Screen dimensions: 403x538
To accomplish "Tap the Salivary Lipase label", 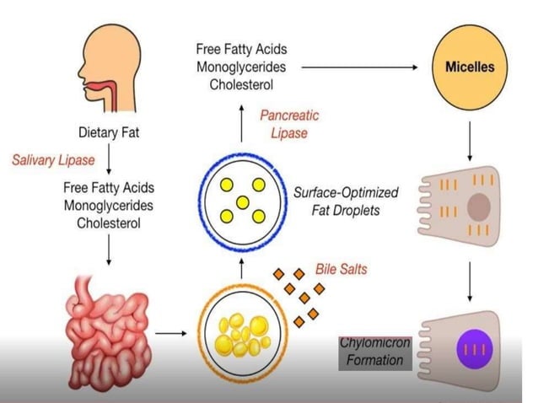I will (x=52, y=159).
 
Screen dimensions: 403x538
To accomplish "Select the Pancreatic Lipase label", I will (x=289, y=125).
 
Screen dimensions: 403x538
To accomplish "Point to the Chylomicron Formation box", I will (x=374, y=352).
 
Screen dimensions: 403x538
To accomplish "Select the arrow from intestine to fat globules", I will (x=171, y=332).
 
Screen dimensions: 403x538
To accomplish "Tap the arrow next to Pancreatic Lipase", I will (x=241, y=124).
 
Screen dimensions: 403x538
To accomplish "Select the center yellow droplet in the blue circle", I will (x=241, y=202).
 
